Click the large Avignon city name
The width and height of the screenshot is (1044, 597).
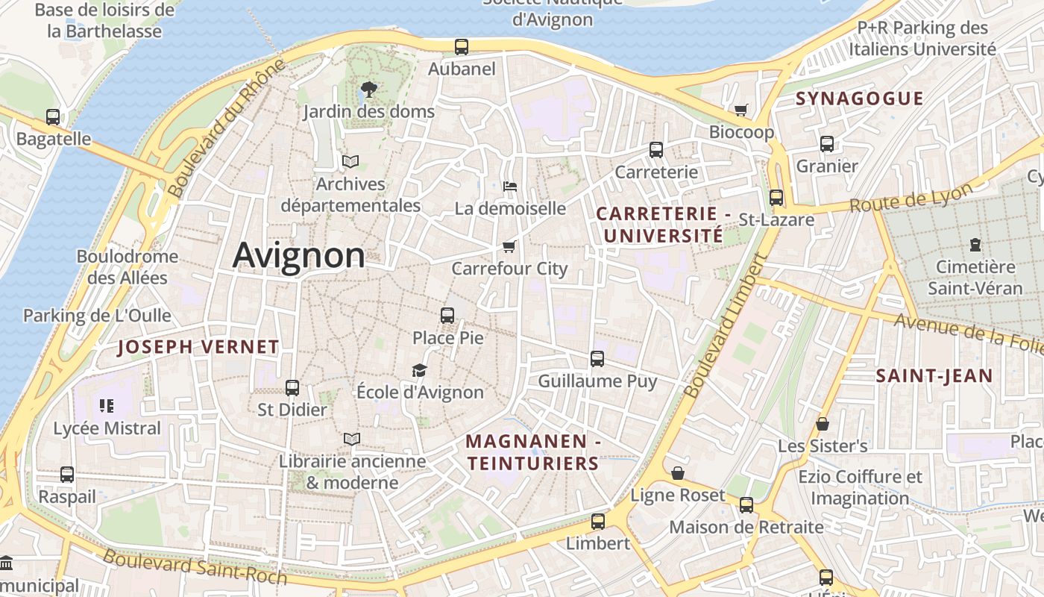coord(299,256)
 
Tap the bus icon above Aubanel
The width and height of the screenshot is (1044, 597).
coord(462,47)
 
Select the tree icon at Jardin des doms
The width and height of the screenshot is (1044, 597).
coord(368,90)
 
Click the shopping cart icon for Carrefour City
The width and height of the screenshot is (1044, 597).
coord(509,246)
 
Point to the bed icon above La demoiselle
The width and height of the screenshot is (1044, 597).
coord(510,186)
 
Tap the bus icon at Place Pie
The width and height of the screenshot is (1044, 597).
coord(447,316)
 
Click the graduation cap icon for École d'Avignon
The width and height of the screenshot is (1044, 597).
coord(420,370)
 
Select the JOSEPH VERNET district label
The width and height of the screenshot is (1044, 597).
coord(198,347)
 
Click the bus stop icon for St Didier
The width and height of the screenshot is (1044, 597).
coord(292,388)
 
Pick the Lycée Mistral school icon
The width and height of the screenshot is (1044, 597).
coord(107,406)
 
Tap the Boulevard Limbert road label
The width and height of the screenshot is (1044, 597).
coord(725,325)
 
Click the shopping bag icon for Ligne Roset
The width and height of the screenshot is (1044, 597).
coord(678,473)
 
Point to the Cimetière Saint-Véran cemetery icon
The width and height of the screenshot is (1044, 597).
coord(975,244)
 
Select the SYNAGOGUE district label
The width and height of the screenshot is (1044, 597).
coord(859,99)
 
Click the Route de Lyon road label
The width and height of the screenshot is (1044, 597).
coord(911,198)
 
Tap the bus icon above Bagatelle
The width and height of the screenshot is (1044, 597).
coord(53,117)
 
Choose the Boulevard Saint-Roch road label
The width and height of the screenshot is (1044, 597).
coord(195,566)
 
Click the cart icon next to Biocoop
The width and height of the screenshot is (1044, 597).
coord(740,110)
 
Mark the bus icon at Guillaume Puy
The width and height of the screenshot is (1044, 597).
coord(597,359)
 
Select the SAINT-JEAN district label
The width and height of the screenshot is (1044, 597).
coord(934,376)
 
